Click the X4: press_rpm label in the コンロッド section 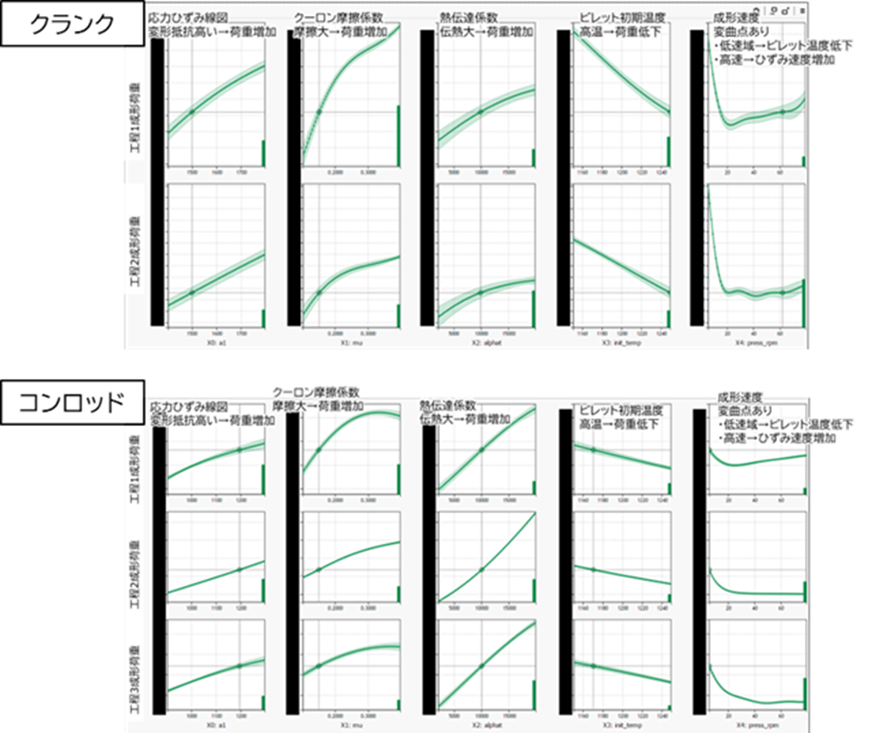click(x=757, y=727)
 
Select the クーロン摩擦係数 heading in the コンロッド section click(x=316, y=392)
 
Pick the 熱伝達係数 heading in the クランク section click(x=464, y=17)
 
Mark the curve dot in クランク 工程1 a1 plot click(x=193, y=112)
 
